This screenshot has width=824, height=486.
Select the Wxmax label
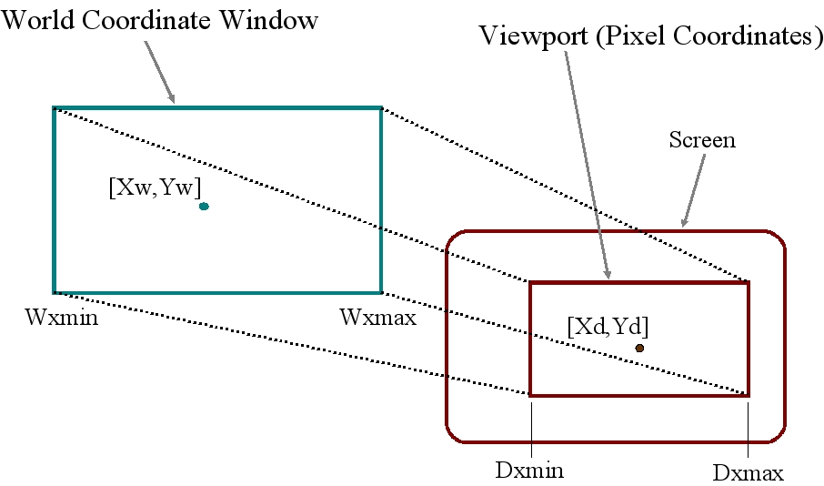(377, 318)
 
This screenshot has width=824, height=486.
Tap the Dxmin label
(529, 471)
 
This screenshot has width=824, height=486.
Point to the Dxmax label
(748, 473)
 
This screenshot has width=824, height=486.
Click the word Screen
(702, 140)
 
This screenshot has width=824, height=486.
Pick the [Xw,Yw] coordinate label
(155, 187)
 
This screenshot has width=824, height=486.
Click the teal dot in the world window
(204, 207)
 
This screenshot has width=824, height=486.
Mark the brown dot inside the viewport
(639, 348)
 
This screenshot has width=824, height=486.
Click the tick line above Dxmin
(529, 428)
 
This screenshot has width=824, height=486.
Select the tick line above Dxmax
(748, 428)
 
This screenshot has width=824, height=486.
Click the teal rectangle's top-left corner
(54, 108)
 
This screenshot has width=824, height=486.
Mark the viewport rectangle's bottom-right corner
(748, 395)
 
